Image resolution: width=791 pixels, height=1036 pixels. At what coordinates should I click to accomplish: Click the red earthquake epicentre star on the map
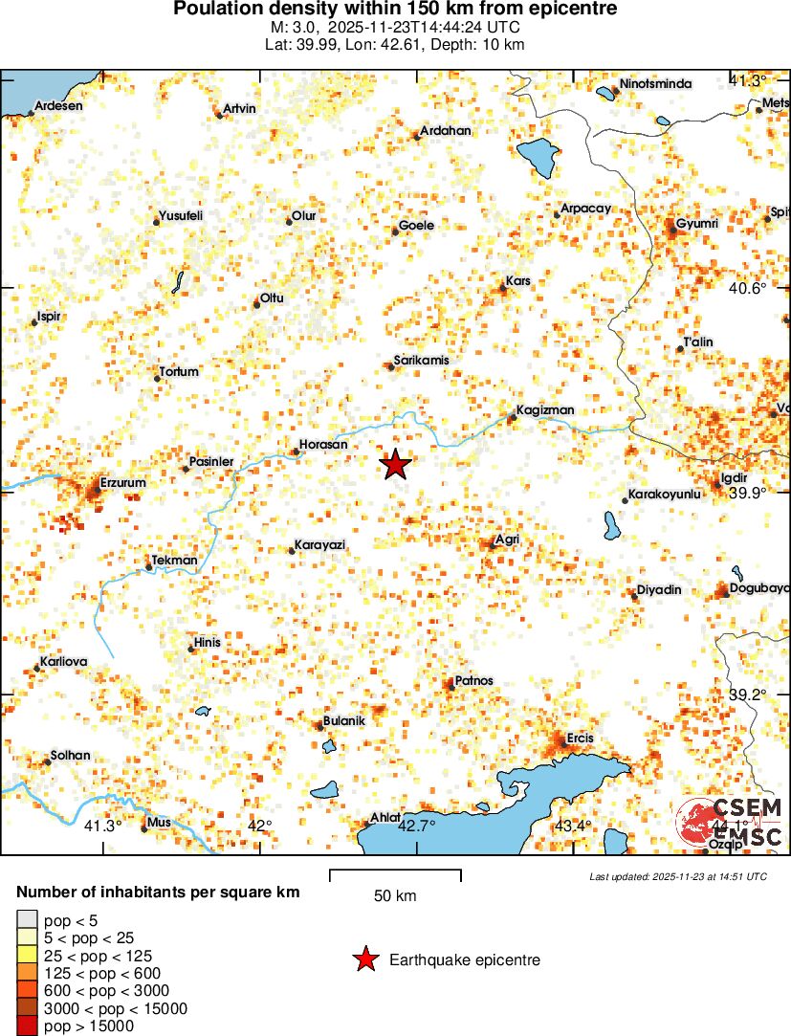point(396,465)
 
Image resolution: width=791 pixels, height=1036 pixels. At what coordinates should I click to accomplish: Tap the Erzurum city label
point(122,483)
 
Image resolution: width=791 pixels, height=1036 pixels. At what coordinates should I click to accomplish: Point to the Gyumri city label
point(696,224)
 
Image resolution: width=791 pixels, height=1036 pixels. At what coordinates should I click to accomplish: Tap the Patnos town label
point(474,680)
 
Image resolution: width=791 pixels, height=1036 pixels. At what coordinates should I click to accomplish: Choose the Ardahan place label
point(447,131)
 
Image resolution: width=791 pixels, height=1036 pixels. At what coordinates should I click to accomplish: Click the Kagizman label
point(545,410)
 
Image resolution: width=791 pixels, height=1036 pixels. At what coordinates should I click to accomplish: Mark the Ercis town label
point(581,738)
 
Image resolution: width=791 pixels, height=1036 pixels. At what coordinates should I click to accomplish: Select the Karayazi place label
point(319,544)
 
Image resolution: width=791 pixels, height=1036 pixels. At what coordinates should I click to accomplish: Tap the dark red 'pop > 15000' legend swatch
point(27,1026)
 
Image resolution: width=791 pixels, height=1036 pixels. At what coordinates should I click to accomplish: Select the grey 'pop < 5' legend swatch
point(27,920)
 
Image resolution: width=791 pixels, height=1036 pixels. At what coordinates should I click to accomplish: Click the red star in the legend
point(365,959)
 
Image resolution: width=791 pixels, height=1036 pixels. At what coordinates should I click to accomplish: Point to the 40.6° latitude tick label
point(748,288)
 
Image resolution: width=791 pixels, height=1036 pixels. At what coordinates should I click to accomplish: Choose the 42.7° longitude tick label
point(417,826)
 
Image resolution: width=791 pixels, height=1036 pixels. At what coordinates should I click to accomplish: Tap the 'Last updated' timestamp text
point(678,876)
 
